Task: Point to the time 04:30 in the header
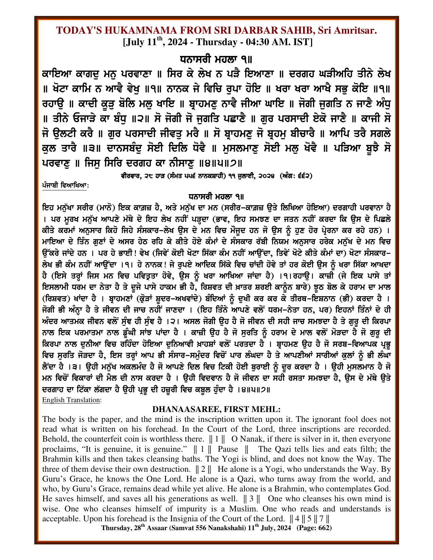264,42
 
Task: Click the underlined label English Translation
71,400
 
